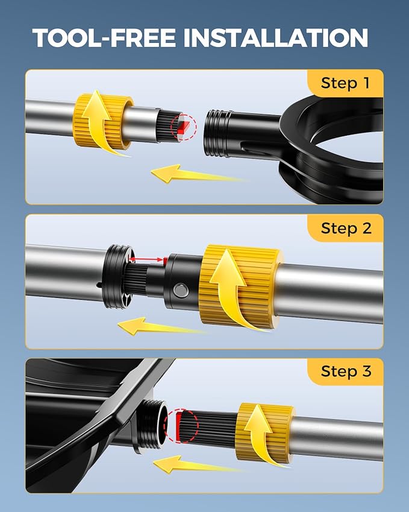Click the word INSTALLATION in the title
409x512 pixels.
point(276,38)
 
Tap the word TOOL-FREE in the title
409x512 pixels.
point(104,38)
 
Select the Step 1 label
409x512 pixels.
point(345,83)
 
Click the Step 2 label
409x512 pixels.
point(346,228)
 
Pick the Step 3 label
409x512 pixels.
point(346,371)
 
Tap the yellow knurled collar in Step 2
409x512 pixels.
point(240,286)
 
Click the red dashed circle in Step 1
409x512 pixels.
point(184,127)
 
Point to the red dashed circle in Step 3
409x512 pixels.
point(181,426)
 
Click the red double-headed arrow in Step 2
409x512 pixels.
point(146,259)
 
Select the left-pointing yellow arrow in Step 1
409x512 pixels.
point(196,174)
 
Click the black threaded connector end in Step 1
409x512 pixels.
point(217,133)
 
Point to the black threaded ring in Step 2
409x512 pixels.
point(117,276)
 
